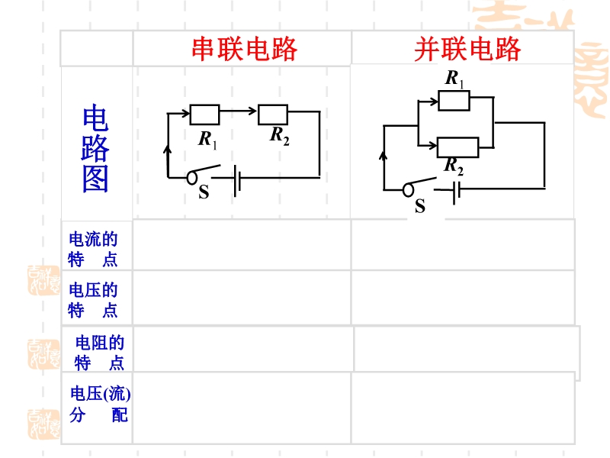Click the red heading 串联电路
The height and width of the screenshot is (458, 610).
[x=244, y=49]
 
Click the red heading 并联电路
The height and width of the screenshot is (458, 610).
[x=467, y=49]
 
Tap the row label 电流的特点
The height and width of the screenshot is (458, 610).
[x=94, y=249]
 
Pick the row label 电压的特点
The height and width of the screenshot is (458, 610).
[x=94, y=300]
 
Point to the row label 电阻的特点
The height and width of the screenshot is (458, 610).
[x=99, y=353]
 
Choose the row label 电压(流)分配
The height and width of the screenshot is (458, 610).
[x=100, y=405]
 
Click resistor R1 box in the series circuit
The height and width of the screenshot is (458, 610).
[x=204, y=114]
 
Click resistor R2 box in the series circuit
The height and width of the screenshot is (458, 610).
[x=272, y=114]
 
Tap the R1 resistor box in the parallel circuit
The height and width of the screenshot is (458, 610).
[x=454, y=101]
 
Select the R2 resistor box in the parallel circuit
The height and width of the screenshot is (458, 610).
[x=457, y=147]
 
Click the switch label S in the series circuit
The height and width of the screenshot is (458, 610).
[x=204, y=193]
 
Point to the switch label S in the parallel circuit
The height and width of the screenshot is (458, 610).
[x=420, y=207]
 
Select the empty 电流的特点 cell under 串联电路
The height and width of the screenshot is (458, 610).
[x=242, y=245]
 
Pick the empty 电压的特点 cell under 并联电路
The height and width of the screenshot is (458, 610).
[x=462, y=297]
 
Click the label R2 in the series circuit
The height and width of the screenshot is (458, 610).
[x=280, y=137]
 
